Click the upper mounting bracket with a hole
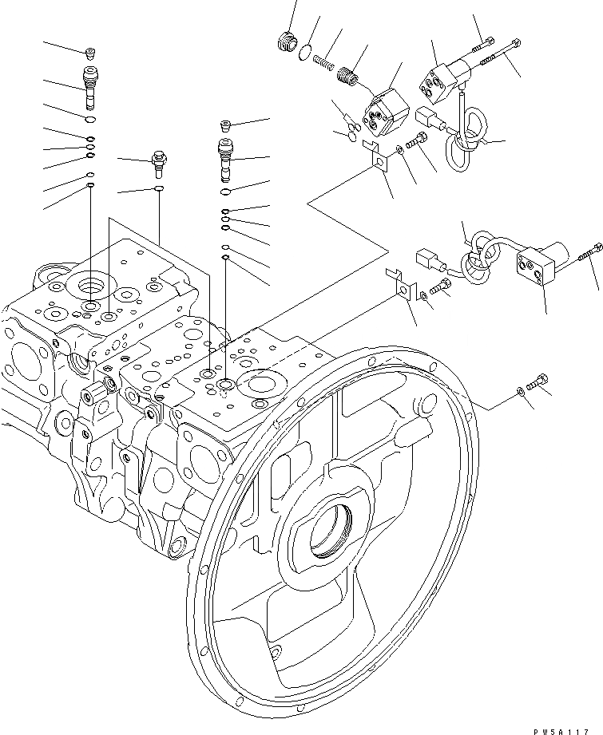[376, 156]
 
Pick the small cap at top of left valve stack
[91, 53]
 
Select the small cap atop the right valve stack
[225, 124]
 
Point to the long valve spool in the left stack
[90, 86]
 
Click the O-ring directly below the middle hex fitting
[159, 189]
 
